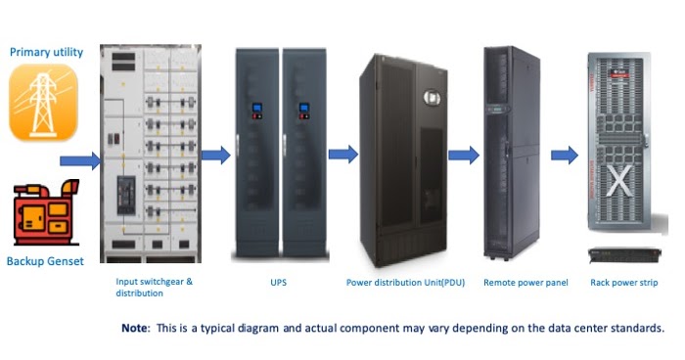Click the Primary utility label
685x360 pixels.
(46, 53)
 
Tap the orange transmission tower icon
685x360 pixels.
(43, 104)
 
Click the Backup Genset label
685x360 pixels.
(46, 261)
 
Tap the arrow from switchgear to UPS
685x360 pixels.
(215, 154)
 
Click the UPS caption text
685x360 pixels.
(280, 282)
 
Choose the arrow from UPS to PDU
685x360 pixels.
(342, 154)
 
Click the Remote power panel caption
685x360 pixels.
(525, 282)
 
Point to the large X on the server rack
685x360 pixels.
(618, 181)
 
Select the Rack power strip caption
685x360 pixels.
(624, 282)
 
